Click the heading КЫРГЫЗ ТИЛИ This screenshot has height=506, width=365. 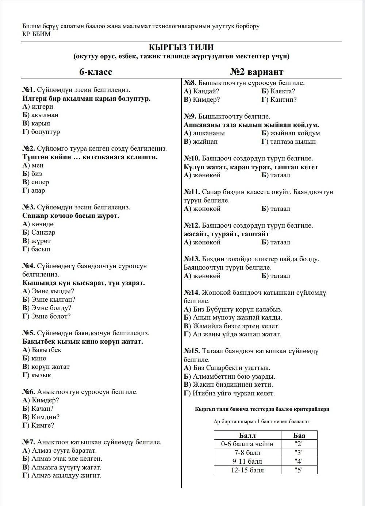click(x=181, y=47)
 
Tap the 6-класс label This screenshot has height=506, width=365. click(x=96, y=72)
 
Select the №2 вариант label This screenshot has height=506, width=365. click(x=257, y=72)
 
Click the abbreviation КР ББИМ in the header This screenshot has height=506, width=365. click(x=36, y=34)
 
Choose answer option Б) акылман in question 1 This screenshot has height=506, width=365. click(x=41, y=115)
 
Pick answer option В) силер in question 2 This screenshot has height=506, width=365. click(x=36, y=182)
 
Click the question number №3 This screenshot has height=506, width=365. click(x=28, y=207)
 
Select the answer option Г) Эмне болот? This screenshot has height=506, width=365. click(x=46, y=316)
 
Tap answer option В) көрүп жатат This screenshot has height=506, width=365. click(x=46, y=367)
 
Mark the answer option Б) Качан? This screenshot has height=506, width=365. click(x=38, y=409)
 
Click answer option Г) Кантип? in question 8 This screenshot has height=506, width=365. click(x=279, y=100)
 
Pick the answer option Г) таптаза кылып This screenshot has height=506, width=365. click(x=289, y=142)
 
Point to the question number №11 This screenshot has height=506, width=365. click(x=192, y=192)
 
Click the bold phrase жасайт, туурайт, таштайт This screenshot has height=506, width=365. click(x=226, y=234)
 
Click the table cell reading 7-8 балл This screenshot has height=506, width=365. click(x=247, y=453)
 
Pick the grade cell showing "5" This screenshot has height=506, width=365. click(x=299, y=470)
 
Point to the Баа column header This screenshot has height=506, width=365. click(x=299, y=435)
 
